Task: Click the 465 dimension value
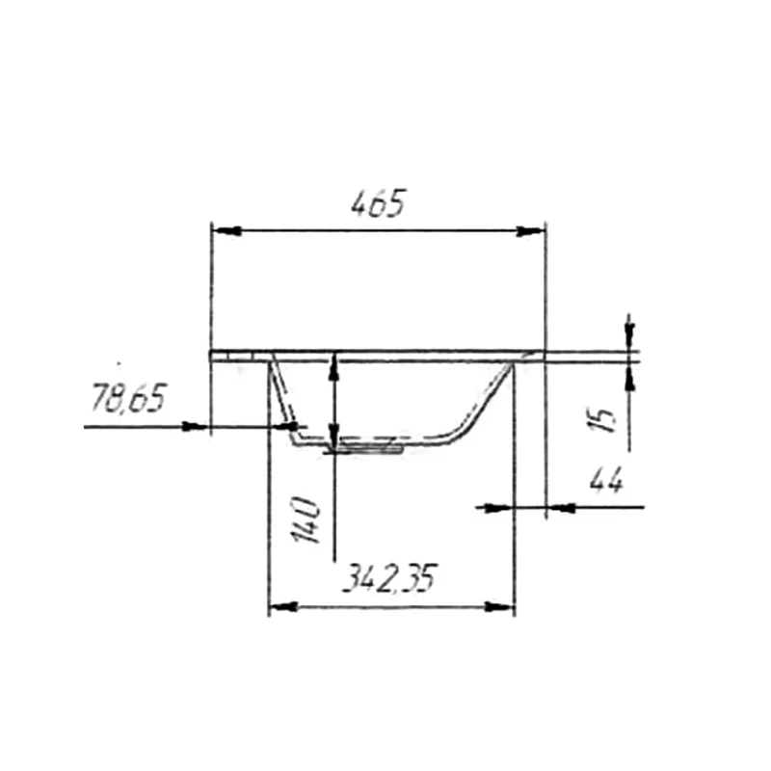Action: point(379,203)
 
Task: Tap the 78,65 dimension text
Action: point(129,398)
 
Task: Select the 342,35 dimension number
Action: point(389,578)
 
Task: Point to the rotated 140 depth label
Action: point(306,519)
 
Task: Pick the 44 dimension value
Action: point(607,479)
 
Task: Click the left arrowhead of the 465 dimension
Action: point(226,230)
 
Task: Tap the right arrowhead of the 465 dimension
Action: point(531,230)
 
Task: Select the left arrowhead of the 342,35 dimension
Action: point(283,607)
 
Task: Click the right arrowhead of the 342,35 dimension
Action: point(499,607)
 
